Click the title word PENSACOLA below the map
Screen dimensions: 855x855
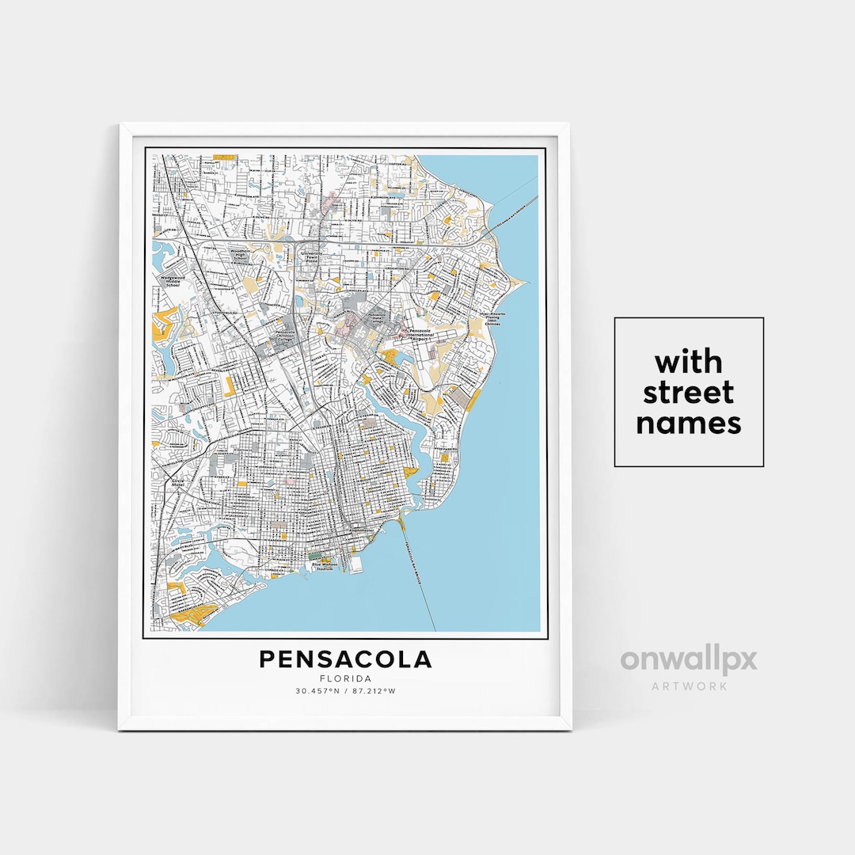tap(345, 659)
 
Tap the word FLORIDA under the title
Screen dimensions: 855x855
tap(345, 678)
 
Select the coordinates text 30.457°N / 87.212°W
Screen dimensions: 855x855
tap(345, 691)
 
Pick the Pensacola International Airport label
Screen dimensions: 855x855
tap(424, 333)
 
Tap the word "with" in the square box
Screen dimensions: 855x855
tap(688, 363)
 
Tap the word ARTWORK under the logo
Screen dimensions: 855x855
tap(688, 686)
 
